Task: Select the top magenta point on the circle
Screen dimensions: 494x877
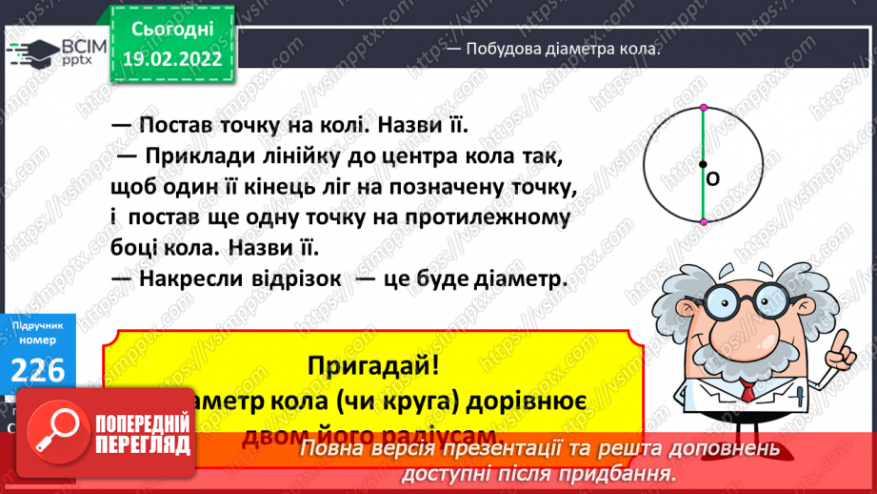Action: (x=703, y=106)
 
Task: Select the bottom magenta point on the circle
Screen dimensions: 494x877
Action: (x=703, y=221)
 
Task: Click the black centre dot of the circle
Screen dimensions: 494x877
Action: (x=703, y=164)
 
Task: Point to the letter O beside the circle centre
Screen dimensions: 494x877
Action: (x=713, y=178)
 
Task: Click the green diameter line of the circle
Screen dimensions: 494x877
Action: (x=703, y=134)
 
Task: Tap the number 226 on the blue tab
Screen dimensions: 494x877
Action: (x=39, y=370)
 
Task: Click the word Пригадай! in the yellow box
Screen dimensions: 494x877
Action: (x=369, y=364)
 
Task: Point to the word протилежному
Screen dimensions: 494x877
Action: (x=489, y=216)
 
